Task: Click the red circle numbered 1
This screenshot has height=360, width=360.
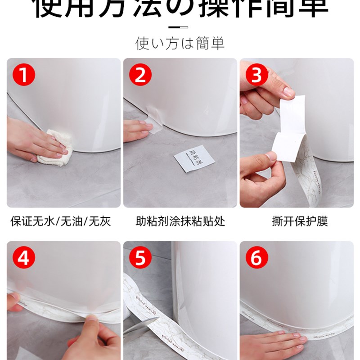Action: (x=23, y=75)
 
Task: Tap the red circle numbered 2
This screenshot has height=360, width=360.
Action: (x=140, y=75)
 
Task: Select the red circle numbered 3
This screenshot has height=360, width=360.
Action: (x=256, y=75)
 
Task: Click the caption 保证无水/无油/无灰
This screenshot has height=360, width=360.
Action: (x=60, y=221)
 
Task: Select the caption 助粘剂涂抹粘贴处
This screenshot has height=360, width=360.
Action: (x=180, y=221)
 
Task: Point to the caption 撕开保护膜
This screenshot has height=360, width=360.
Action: (x=300, y=221)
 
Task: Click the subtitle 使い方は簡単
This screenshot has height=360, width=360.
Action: (x=180, y=43)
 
